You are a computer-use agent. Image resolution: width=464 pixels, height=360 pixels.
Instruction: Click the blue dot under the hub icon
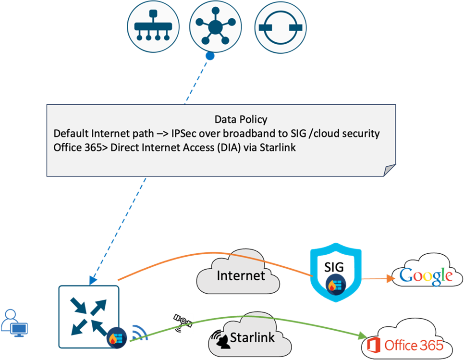pos(210,57)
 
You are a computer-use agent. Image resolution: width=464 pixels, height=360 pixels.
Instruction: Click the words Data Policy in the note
pos(241,119)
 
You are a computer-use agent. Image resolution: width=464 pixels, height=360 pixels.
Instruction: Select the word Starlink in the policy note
pos(277,148)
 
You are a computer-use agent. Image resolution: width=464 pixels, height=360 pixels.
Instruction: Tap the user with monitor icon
pos(14,323)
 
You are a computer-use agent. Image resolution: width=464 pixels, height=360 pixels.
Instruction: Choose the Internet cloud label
pos(241,275)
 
